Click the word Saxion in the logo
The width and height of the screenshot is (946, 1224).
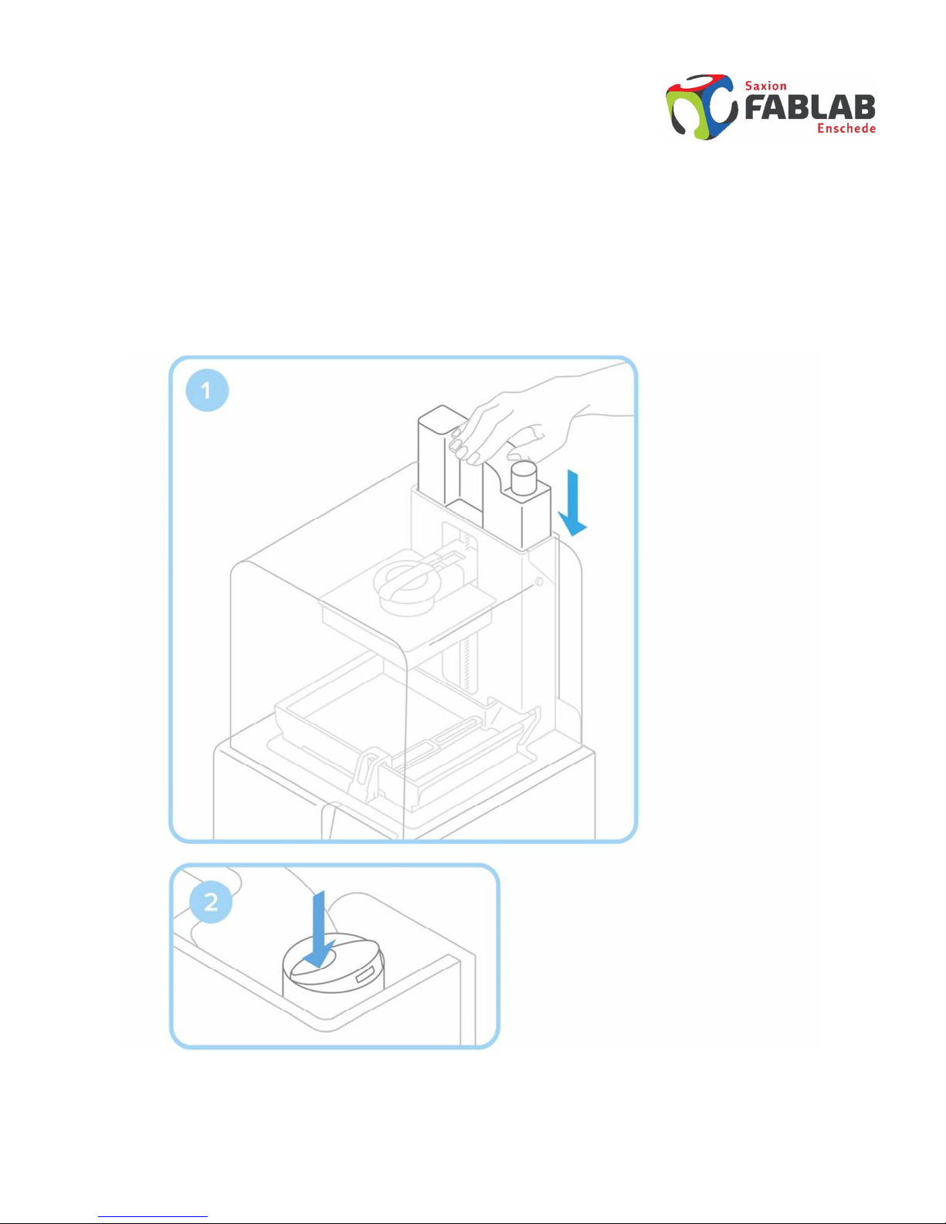coord(765,86)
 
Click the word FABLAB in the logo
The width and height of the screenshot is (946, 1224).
coord(810,107)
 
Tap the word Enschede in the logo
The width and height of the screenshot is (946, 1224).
coord(846,128)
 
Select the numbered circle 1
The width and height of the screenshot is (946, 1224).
coord(207,390)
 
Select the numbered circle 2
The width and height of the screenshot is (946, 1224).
coord(211,902)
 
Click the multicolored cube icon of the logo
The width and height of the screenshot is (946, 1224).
coord(701,107)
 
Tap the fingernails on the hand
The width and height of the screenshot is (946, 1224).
coord(459,444)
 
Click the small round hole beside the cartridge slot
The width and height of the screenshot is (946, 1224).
coord(539,581)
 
